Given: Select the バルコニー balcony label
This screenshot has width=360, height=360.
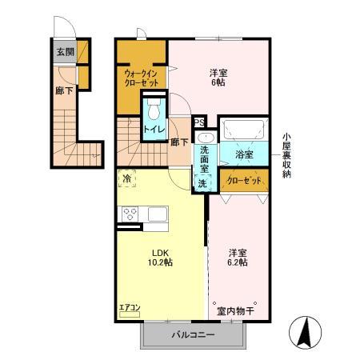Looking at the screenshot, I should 192,335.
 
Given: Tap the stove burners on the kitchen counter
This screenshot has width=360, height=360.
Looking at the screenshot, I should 130,214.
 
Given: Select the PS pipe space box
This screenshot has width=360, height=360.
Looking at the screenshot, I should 200,122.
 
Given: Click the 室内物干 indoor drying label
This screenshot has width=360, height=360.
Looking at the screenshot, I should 234,310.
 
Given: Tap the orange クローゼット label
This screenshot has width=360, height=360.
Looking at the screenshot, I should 244,179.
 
